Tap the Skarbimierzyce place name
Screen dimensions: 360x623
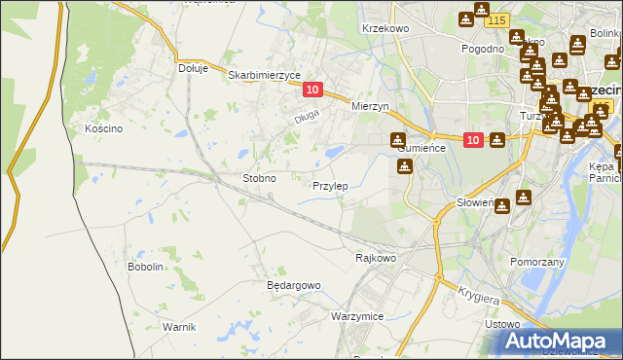coord(264,74)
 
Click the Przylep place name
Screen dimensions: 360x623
coord(330,185)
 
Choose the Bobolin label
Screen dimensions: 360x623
coord(145,267)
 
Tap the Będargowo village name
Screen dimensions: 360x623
coord(293,285)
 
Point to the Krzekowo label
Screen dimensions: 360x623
coord(385,29)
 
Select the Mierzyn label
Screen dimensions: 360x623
coord(370,107)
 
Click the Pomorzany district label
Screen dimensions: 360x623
coord(537,262)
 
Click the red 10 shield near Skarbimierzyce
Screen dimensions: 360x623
coord(311,90)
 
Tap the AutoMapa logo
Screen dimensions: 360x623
coord(560,341)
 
